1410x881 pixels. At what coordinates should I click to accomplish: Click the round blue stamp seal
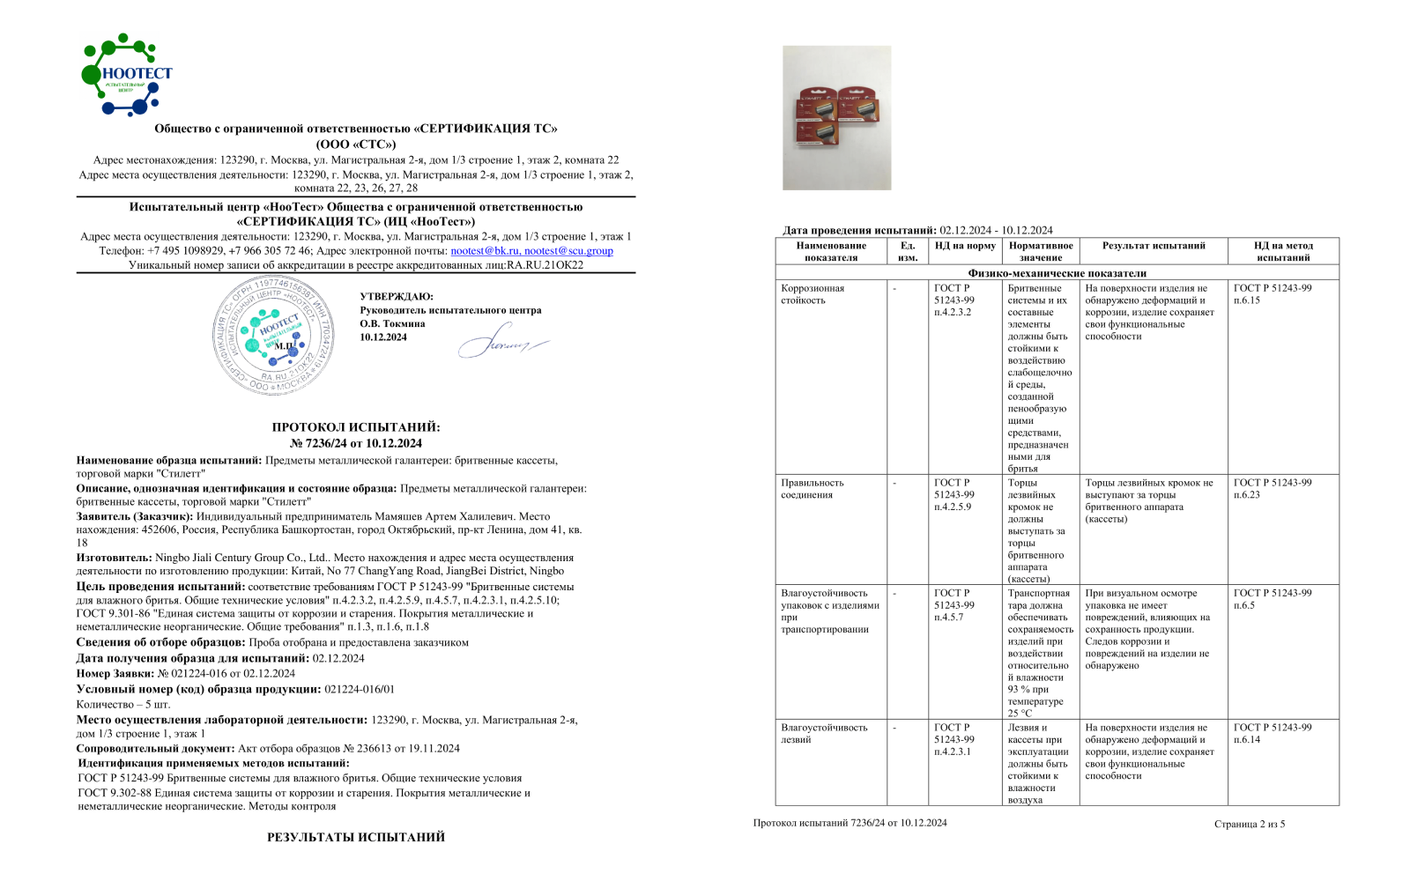274,335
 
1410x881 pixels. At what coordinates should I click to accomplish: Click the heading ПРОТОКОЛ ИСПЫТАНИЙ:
356,427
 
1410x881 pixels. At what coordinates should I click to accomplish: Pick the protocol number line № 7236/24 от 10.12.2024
356,443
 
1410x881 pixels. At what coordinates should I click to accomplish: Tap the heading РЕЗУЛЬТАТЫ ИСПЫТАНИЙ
356,837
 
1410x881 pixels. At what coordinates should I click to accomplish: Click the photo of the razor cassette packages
836,118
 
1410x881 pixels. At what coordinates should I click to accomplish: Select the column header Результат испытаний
1154,246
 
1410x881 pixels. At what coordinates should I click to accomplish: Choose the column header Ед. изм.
908,251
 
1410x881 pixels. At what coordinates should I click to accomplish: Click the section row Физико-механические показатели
1057,273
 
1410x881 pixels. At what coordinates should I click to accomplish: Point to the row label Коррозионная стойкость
813,294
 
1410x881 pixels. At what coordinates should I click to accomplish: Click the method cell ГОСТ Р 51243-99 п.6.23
1272,489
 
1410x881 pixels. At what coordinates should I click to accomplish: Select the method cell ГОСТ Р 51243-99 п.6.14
1272,733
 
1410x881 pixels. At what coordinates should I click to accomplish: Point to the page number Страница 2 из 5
1249,824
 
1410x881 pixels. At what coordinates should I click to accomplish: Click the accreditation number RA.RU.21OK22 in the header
545,265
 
